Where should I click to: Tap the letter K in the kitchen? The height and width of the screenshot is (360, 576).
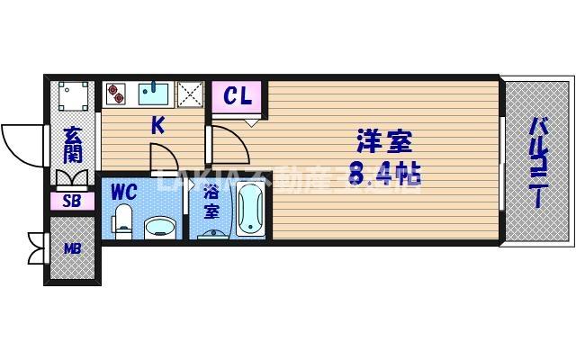pos(157,125)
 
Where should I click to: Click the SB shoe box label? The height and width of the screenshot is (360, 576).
pos(72,202)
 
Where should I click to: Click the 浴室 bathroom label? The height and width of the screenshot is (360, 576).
pos(211,202)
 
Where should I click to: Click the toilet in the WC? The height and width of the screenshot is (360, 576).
pos(123,220)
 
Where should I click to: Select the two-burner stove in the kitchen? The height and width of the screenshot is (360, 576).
pos(117,92)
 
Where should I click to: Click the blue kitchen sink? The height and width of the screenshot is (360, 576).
pos(156,93)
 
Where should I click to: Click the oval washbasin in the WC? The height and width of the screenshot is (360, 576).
pos(160,225)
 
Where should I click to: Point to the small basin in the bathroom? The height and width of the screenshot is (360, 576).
pos(212,234)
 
